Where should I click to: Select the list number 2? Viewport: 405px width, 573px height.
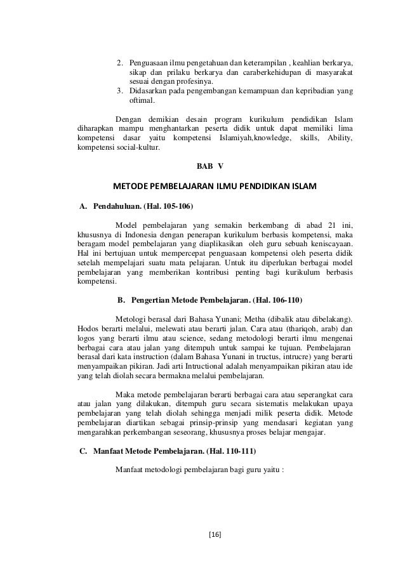[x=119, y=63]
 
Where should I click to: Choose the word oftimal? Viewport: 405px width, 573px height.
[x=143, y=100]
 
